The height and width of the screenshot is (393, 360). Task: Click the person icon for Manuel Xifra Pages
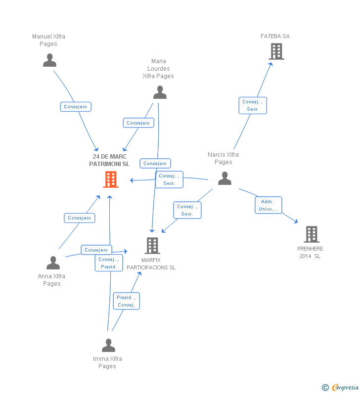coord(49,60)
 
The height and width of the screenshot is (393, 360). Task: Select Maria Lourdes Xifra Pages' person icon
coord(160,92)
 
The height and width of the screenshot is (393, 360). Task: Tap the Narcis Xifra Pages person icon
coord(225,178)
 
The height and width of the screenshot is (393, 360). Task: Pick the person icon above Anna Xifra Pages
coord(53,263)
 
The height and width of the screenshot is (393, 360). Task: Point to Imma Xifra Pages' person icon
coord(108,345)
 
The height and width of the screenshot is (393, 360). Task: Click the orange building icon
coord(111,179)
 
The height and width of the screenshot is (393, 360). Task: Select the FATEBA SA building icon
coord(276,51)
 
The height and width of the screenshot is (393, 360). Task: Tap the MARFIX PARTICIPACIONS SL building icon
coord(152,246)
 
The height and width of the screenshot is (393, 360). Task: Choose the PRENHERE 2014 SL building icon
coord(311,234)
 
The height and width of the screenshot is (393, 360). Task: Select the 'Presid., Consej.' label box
coord(126,301)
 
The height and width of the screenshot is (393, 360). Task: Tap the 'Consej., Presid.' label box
coord(109,263)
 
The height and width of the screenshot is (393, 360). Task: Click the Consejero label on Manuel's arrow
coord(76,106)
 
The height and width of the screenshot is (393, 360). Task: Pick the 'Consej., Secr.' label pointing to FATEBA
coord(253,105)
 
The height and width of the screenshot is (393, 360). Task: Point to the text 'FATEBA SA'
coord(275,36)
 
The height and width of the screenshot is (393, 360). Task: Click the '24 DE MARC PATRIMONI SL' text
coord(110,160)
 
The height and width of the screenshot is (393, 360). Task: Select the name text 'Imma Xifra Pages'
coord(107,362)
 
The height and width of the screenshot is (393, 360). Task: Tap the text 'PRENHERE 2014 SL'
coord(310,252)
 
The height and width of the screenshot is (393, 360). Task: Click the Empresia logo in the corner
coord(340,388)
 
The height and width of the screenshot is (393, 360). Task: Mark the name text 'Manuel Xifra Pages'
coord(48,40)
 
